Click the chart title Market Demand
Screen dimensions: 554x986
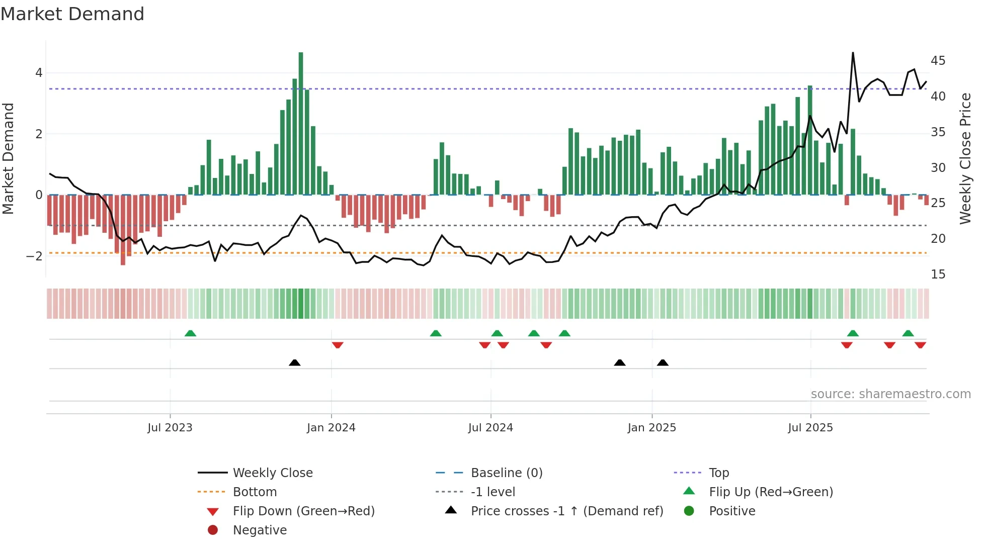click(x=72, y=14)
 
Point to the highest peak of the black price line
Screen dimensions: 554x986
click(x=853, y=53)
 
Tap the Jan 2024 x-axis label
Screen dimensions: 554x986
click(x=331, y=428)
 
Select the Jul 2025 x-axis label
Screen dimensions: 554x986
click(x=810, y=428)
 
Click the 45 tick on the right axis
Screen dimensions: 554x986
click(x=938, y=61)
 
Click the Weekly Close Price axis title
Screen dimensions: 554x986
click(x=965, y=158)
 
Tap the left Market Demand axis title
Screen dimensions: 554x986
click(x=9, y=158)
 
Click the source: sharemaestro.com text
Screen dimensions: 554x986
click(x=890, y=394)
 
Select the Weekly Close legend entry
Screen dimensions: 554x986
click(x=272, y=473)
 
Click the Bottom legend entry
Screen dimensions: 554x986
click(x=255, y=492)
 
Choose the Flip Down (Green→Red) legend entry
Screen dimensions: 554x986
click(x=303, y=511)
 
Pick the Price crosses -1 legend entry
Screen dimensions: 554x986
click(x=566, y=511)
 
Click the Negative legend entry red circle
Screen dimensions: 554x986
click(x=213, y=530)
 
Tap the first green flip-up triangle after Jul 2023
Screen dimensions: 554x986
click(x=190, y=333)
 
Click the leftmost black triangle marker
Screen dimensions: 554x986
click(x=295, y=362)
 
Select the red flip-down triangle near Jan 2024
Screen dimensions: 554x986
click(x=338, y=345)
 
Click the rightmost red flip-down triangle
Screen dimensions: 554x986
click(x=921, y=345)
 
